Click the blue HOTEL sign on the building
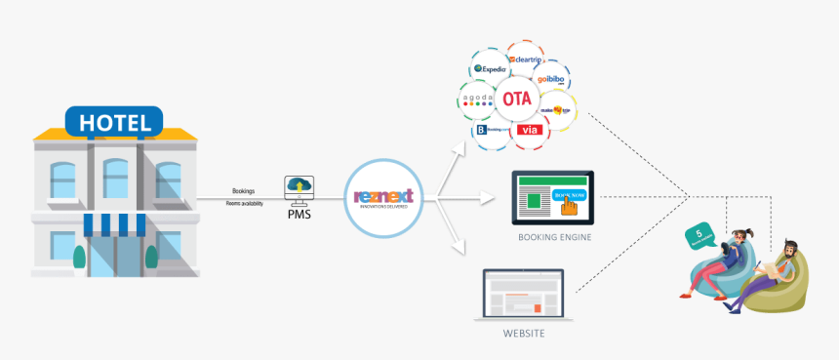click(x=115, y=123)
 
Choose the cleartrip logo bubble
click(x=531, y=60)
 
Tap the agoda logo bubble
click(x=478, y=100)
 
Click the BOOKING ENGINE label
click(x=553, y=236)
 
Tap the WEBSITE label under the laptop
click(x=523, y=334)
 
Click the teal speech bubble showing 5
click(x=699, y=234)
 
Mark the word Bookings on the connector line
click(x=245, y=191)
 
